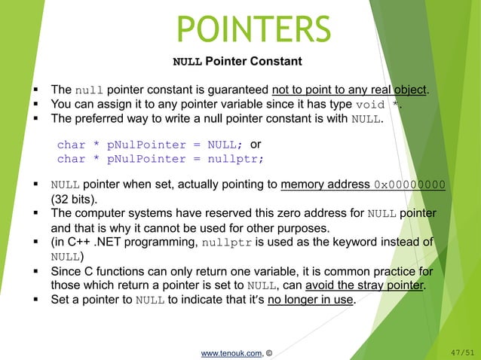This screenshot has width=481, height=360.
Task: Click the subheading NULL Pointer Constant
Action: pyautogui.click(x=237, y=61)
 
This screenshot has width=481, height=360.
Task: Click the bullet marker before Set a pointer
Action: pyautogui.click(x=37, y=300)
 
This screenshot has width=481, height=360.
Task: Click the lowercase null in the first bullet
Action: pyautogui.click(x=87, y=91)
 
